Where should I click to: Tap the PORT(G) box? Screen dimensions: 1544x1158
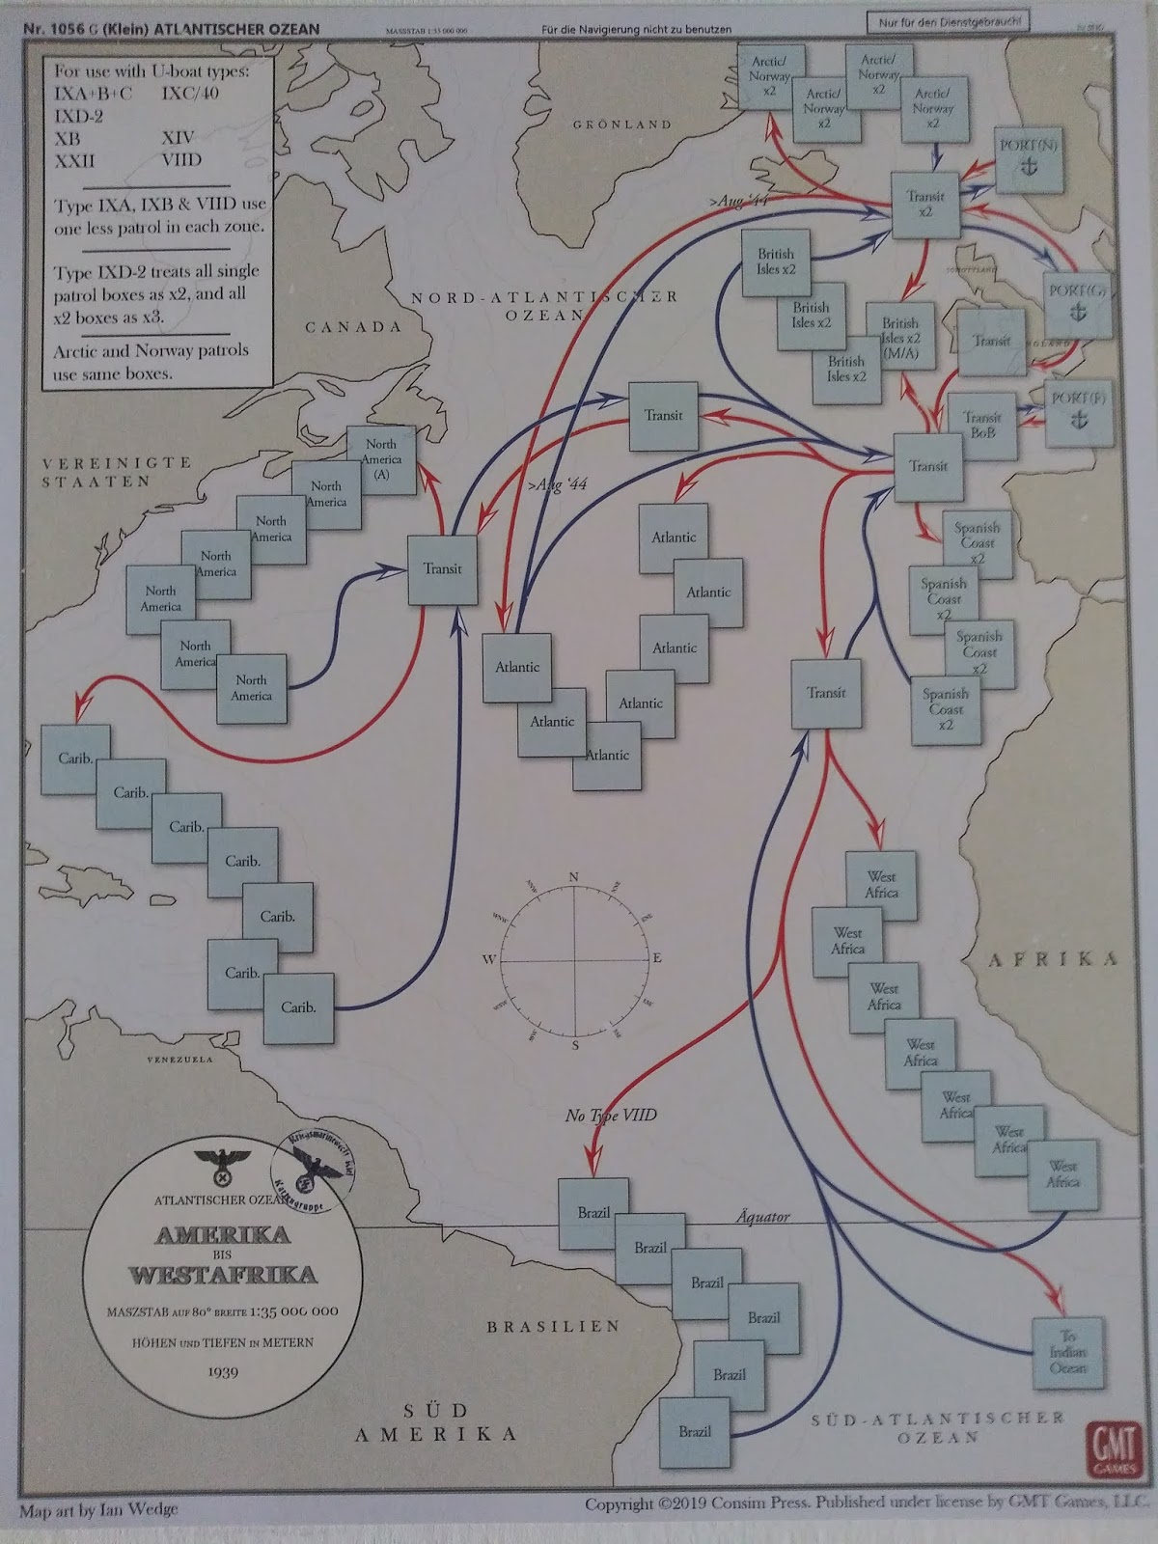(1080, 299)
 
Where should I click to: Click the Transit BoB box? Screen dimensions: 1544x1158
(982, 426)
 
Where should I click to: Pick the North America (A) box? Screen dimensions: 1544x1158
(381, 459)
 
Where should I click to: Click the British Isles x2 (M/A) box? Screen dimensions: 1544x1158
(900, 339)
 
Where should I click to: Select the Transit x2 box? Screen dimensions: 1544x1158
(925, 204)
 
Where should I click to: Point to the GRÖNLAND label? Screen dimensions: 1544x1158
(622, 124)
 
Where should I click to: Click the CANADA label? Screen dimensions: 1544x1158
(353, 327)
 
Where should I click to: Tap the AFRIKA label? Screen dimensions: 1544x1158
(1053, 958)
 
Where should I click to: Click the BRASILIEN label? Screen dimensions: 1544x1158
(553, 1327)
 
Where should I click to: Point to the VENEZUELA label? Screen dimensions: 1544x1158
(179, 1060)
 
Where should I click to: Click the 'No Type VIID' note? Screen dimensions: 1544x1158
(611, 1116)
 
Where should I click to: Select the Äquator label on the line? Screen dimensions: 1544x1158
(762, 1217)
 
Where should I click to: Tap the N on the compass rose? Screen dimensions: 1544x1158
(574, 876)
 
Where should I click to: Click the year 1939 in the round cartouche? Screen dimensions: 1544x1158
(223, 1371)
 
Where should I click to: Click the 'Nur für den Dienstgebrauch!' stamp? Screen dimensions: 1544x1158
(951, 21)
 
